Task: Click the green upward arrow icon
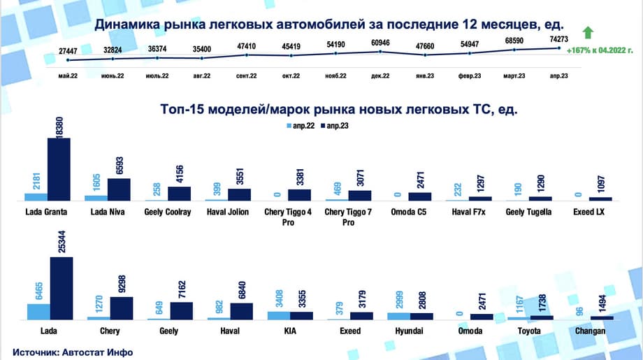click(x=588, y=33)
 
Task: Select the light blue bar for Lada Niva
click(x=96, y=198)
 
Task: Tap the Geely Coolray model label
click(x=168, y=212)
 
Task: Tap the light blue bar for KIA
click(x=278, y=315)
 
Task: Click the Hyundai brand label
click(x=409, y=331)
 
